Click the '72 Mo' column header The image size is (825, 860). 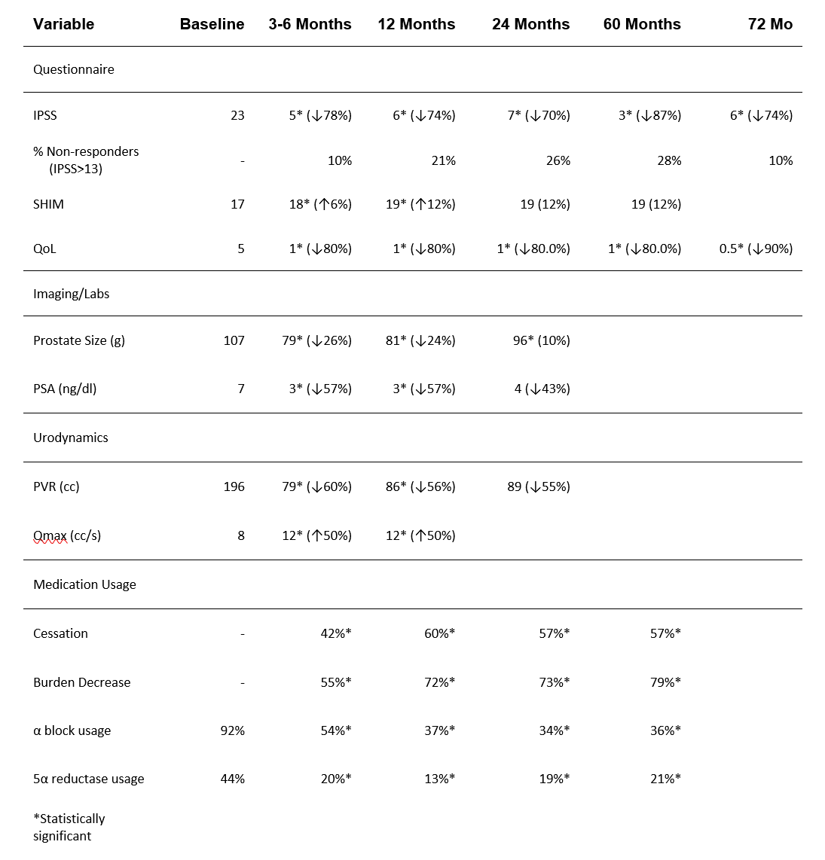(770, 24)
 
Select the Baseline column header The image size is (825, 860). (212, 24)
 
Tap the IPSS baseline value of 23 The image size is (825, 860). (237, 115)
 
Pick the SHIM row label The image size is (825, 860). (48, 204)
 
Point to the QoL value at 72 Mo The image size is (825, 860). (756, 249)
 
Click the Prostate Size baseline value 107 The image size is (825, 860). (234, 340)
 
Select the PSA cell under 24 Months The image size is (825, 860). (542, 389)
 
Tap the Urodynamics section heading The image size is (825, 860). (71, 438)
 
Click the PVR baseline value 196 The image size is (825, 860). (234, 486)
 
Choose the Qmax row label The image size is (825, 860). (67, 535)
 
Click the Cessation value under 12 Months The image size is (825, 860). (439, 633)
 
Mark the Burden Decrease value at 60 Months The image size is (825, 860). (665, 682)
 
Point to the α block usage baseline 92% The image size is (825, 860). (232, 730)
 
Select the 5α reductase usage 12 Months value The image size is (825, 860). (439, 779)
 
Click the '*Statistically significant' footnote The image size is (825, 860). (69, 827)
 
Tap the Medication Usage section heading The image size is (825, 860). (84, 584)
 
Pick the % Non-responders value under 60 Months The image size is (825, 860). (669, 160)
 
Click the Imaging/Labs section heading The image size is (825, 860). (71, 294)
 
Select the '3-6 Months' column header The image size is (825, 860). (310, 24)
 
